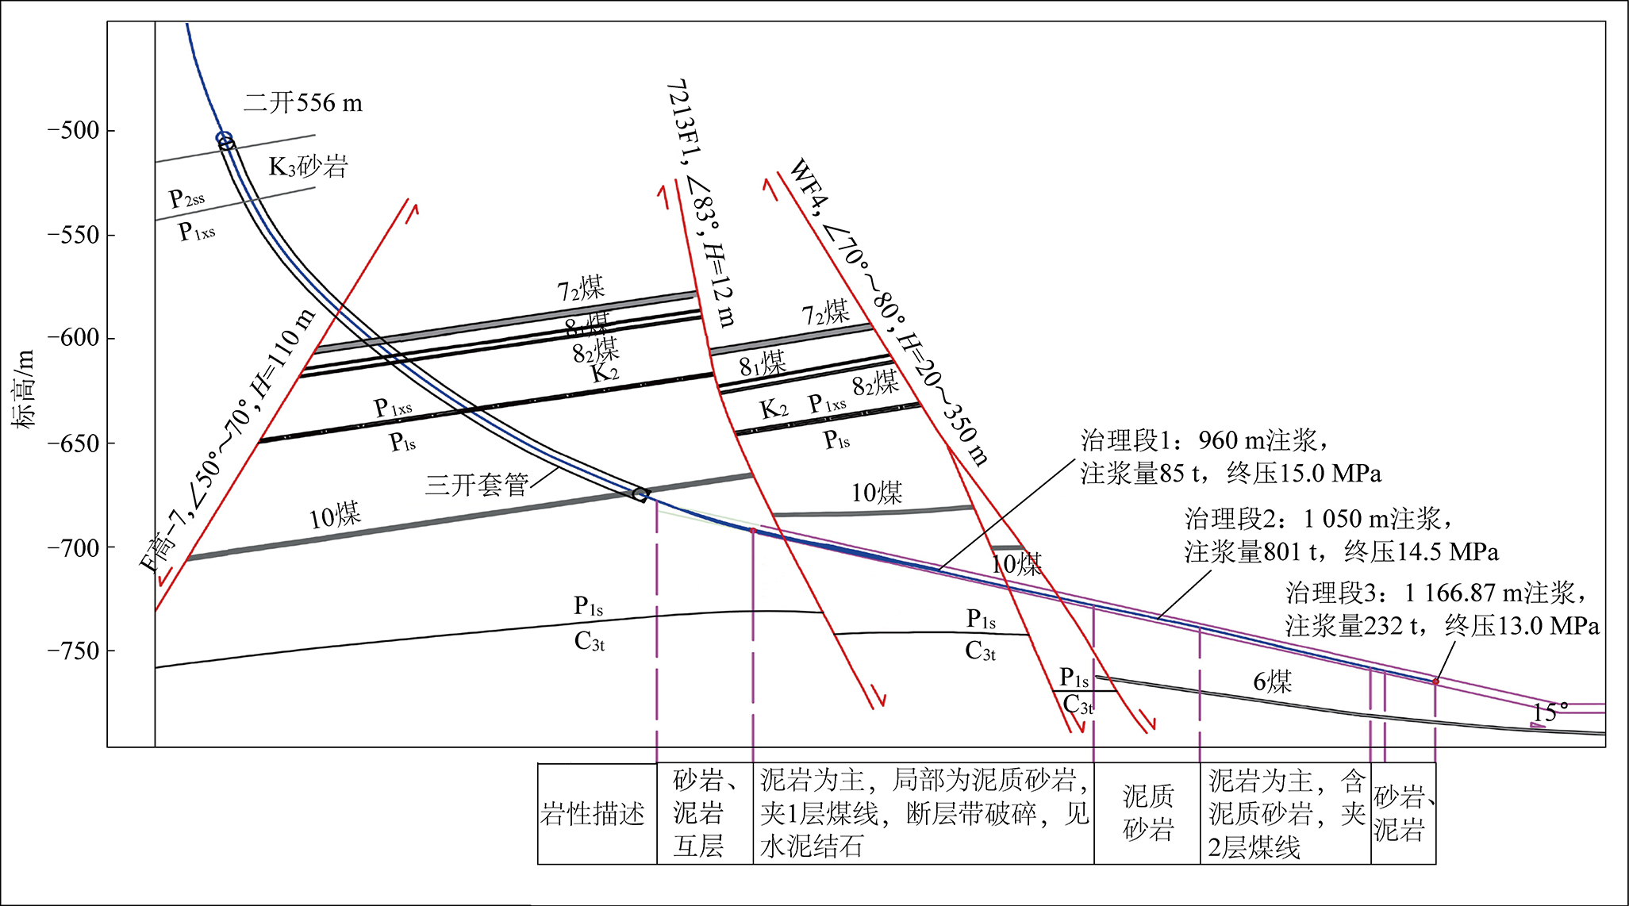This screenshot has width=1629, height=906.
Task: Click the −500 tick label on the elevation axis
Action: click(x=73, y=131)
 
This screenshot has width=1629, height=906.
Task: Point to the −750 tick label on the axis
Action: click(x=73, y=651)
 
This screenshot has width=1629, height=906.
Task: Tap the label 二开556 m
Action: click(x=303, y=103)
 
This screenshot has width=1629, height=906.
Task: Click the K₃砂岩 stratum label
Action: click(x=308, y=167)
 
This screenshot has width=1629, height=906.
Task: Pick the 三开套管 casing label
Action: click(x=476, y=485)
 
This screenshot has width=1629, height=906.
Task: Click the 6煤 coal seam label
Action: click(x=1272, y=681)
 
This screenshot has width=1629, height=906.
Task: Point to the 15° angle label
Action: click(x=1550, y=711)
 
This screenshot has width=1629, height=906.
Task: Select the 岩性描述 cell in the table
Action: click(x=593, y=814)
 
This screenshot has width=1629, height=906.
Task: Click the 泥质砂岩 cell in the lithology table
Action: click(x=1147, y=813)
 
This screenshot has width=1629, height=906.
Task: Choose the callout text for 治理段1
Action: click(x=1230, y=457)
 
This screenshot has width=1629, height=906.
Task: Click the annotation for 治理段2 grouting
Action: click(x=1341, y=536)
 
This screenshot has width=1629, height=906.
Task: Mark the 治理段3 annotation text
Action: click(x=1442, y=609)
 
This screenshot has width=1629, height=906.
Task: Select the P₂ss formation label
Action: click(x=186, y=198)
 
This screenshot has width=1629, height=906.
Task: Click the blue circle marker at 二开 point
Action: click(x=225, y=139)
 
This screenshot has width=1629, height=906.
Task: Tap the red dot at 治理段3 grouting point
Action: click(x=1435, y=681)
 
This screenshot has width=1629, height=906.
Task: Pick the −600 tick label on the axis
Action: click(x=73, y=339)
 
